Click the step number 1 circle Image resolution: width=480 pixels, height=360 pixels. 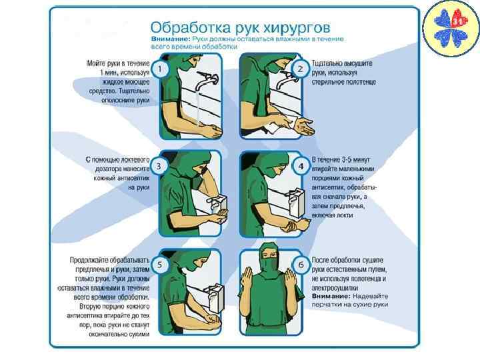pyautogui.click(x=159, y=69)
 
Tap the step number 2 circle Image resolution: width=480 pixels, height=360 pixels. pyautogui.click(x=300, y=69)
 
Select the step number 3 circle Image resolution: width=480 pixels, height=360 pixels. pyautogui.click(x=159, y=167)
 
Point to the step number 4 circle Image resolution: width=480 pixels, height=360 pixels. pyautogui.click(x=301, y=167)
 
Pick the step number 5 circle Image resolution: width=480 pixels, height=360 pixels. pyautogui.click(x=159, y=265)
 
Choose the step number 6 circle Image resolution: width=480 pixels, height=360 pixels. pyautogui.click(x=301, y=265)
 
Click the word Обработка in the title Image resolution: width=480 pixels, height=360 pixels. pyautogui.click(x=190, y=27)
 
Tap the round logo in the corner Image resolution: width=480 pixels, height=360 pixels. pyautogui.click(x=451, y=29)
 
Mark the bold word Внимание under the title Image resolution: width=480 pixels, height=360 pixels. pyautogui.click(x=171, y=39)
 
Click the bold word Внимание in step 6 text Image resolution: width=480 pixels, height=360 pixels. pyautogui.click(x=331, y=296)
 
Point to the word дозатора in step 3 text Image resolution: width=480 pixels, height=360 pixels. pyautogui.click(x=109, y=169)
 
